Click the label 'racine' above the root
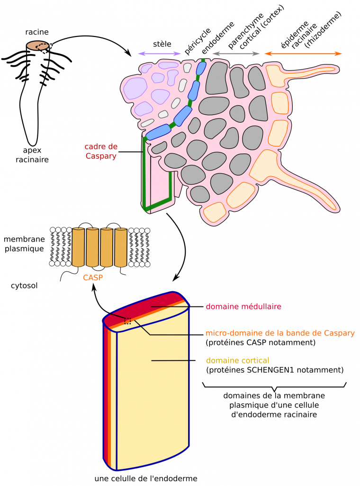tap(37, 32)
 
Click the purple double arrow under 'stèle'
tap(159, 54)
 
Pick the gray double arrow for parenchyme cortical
tap(236, 54)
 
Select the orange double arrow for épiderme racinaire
tap(303, 54)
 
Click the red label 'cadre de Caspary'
tap(100, 151)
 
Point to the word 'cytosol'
tap(24, 286)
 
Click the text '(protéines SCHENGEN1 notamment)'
tap(274, 369)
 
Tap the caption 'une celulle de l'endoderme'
tap(145, 478)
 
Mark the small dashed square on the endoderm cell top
tap(127, 321)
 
